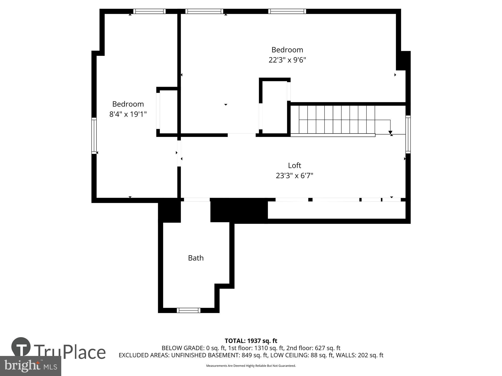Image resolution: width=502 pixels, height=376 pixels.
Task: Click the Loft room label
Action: pos(294,165)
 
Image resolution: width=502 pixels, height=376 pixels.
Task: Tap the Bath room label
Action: pos(196,258)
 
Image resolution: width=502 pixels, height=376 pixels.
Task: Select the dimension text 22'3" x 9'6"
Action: pos(287,60)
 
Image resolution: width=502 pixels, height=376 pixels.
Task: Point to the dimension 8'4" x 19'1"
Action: pos(128,114)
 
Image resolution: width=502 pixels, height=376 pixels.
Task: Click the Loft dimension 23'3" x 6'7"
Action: pos(294,176)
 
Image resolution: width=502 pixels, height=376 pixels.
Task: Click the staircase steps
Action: pos(336,119)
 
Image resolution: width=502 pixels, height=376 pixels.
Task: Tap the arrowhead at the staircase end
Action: pos(390,132)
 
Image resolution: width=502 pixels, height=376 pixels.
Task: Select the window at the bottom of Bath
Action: pos(189,310)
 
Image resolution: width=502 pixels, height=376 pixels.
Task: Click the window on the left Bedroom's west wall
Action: pos(94,136)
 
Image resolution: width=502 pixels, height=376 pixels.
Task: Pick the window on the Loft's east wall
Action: pos(408,134)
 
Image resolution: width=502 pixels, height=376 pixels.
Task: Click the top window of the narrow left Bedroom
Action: pos(149,11)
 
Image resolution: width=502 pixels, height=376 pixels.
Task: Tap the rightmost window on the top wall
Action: pos(287,11)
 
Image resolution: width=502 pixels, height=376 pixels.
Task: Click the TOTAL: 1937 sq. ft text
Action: pos(251,341)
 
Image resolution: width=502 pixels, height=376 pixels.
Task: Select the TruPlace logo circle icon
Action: pos(21,347)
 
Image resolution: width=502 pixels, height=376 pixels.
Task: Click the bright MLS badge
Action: pos(31,366)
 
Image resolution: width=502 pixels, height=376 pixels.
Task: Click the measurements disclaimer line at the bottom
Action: pos(251,366)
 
